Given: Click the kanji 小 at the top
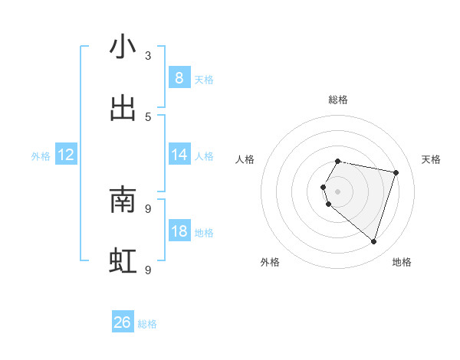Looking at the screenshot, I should [x=123, y=47].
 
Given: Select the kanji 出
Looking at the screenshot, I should [x=123, y=108].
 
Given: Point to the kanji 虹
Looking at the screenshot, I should [x=123, y=261].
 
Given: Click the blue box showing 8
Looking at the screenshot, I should [x=179, y=77].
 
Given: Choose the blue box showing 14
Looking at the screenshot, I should [x=179, y=155].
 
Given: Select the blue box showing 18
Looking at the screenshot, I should [x=179, y=231].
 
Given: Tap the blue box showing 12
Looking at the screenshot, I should [x=66, y=155].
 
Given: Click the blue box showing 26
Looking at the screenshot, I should [x=123, y=322].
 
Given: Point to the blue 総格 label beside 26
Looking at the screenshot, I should [x=147, y=324].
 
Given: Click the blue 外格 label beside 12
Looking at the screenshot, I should [x=41, y=156].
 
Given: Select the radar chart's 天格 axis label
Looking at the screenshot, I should [x=432, y=159].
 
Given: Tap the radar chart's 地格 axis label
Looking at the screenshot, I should [x=402, y=262].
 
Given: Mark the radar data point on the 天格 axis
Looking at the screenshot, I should [x=396, y=173].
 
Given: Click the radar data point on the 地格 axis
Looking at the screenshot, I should [x=373, y=241].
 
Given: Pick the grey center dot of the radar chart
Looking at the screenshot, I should [x=337, y=191].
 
